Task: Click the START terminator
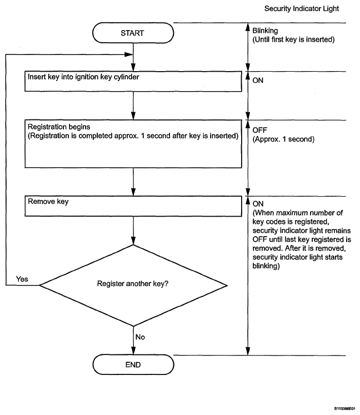click(133, 33)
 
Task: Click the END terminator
click(133, 364)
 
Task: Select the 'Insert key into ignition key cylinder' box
click(133, 81)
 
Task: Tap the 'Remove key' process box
click(133, 206)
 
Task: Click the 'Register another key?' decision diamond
click(133, 286)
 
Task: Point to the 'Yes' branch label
click(22, 279)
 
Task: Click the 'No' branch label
click(140, 337)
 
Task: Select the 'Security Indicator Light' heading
click(302, 9)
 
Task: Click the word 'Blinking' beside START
click(265, 31)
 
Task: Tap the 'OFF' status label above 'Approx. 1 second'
click(259, 130)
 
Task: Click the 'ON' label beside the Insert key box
click(258, 81)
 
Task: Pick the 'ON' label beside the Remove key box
click(258, 204)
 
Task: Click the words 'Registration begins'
click(59, 127)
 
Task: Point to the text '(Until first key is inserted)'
click(293, 39)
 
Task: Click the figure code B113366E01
click(344, 409)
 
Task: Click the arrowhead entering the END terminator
click(133, 351)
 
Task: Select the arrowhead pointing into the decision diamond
click(133, 241)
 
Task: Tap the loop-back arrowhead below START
click(129, 54)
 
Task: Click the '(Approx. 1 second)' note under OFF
click(283, 139)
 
